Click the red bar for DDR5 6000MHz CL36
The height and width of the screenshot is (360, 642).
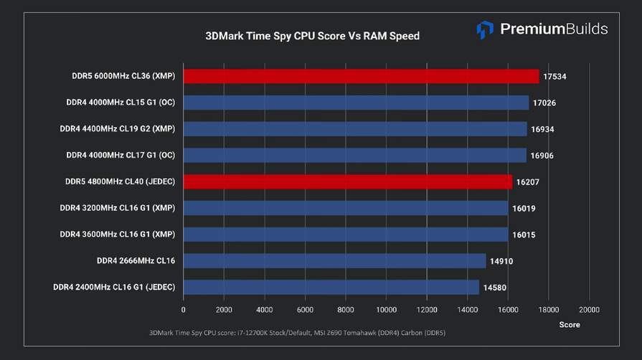pos(361,76)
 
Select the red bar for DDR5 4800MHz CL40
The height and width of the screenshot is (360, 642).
pos(348,181)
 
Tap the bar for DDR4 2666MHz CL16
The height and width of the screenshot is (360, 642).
pos(334,261)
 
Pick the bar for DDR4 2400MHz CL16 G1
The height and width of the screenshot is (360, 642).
pos(331,288)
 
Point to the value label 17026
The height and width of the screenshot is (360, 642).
pos(544,103)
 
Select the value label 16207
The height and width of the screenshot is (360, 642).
pos(527,182)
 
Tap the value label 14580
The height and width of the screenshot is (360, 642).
pos(494,288)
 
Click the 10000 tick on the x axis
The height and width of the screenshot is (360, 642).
pos(386,310)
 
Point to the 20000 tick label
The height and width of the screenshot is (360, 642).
pos(589,310)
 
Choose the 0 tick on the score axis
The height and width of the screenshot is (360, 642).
pos(184,310)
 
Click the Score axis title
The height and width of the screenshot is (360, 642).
pos(570,325)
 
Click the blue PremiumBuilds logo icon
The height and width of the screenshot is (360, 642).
pos(485,29)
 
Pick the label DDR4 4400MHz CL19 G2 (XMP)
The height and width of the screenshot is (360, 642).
pos(118,129)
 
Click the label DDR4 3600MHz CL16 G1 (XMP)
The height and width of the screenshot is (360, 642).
pos(118,235)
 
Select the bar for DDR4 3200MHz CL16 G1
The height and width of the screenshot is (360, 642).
pos(346,208)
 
